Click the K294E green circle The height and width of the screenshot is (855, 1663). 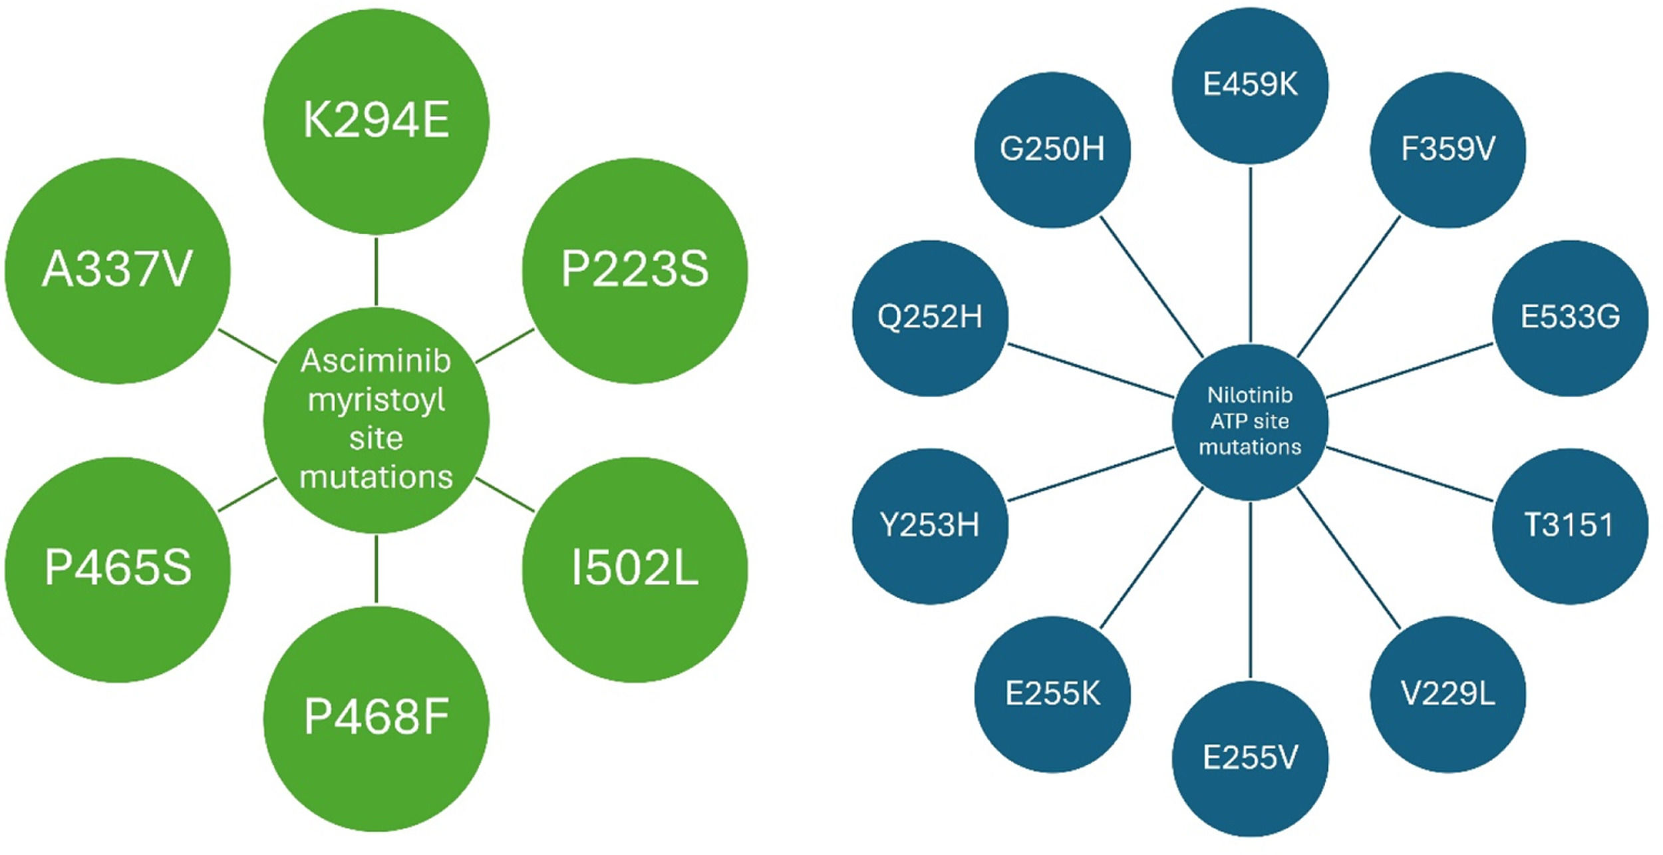[377, 121]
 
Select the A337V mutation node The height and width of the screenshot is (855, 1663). [117, 270]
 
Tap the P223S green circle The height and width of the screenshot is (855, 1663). [635, 270]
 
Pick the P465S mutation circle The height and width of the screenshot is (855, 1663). [117, 570]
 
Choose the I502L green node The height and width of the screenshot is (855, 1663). [635, 570]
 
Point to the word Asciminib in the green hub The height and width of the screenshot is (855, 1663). [376, 361]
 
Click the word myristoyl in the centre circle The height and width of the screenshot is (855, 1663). [376, 400]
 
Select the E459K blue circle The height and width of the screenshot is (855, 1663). [1250, 85]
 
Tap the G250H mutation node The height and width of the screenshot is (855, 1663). [1052, 149]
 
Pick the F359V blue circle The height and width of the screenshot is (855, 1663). [1447, 149]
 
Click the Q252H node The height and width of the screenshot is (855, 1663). [930, 317]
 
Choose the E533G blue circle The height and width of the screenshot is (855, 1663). [1570, 317]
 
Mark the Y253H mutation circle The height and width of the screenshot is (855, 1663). [930, 526]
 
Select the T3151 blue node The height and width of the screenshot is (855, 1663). [1570, 526]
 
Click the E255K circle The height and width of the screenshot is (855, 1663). [1052, 694]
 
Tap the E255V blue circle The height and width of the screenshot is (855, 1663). [1250, 758]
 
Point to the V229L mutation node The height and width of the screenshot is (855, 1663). [1447, 694]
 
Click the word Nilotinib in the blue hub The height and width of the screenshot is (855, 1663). [1250, 395]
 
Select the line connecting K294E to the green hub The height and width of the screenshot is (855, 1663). [377, 271]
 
